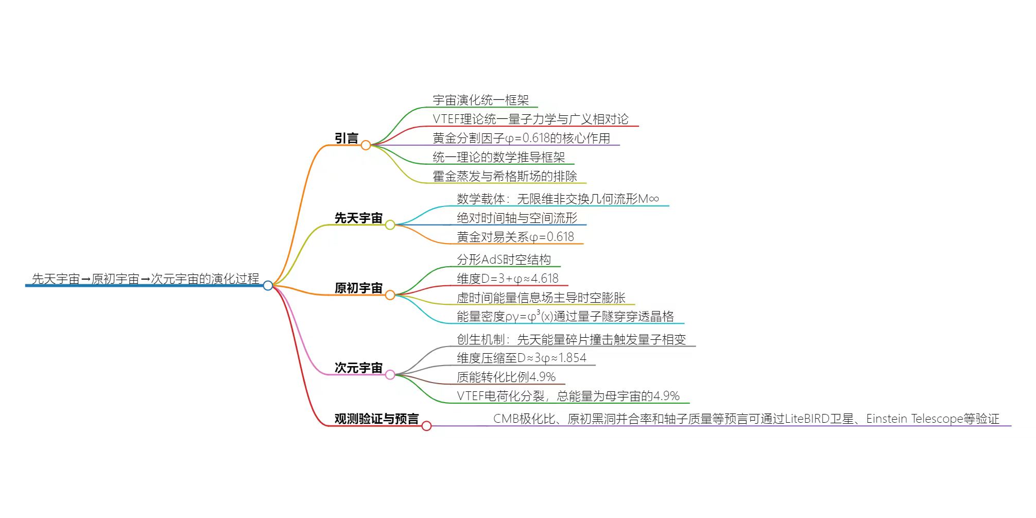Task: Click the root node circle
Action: pyautogui.click(x=268, y=285)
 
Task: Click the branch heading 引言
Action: pyautogui.click(x=347, y=139)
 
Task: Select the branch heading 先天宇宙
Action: pyautogui.click(x=358, y=218)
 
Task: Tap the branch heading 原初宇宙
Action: pyautogui.click(x=358, y=288)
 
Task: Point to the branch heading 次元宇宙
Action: pyautogui.click(x=358, y=368)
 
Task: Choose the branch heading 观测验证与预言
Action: pyautogui.click(x=376, y=419)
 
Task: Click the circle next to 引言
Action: pyautogui.click(x=366, y=145)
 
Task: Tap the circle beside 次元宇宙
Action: pyautogui.click(x=390, y=375)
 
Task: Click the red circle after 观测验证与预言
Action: pyautogui.click(x=426, y=426)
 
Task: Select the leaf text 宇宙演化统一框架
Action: pyautogui.click(x=480, y=100)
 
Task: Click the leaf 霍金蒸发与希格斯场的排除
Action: pyautogui.click(x=505, y=177)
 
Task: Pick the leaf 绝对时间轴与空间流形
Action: pyautogui.click(x=517, y=218)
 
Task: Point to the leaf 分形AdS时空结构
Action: pyautogui.click(x=504, y=260)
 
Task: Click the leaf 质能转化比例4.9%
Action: pyautogui.click(x=506, y=377)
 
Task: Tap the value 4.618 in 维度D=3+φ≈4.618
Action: pyautogui.click(x=544, y=279)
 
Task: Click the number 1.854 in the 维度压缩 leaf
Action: pyautogui.click(x=572, y=358)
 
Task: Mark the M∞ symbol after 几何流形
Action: pyautogui.click(x=648, y=199)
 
